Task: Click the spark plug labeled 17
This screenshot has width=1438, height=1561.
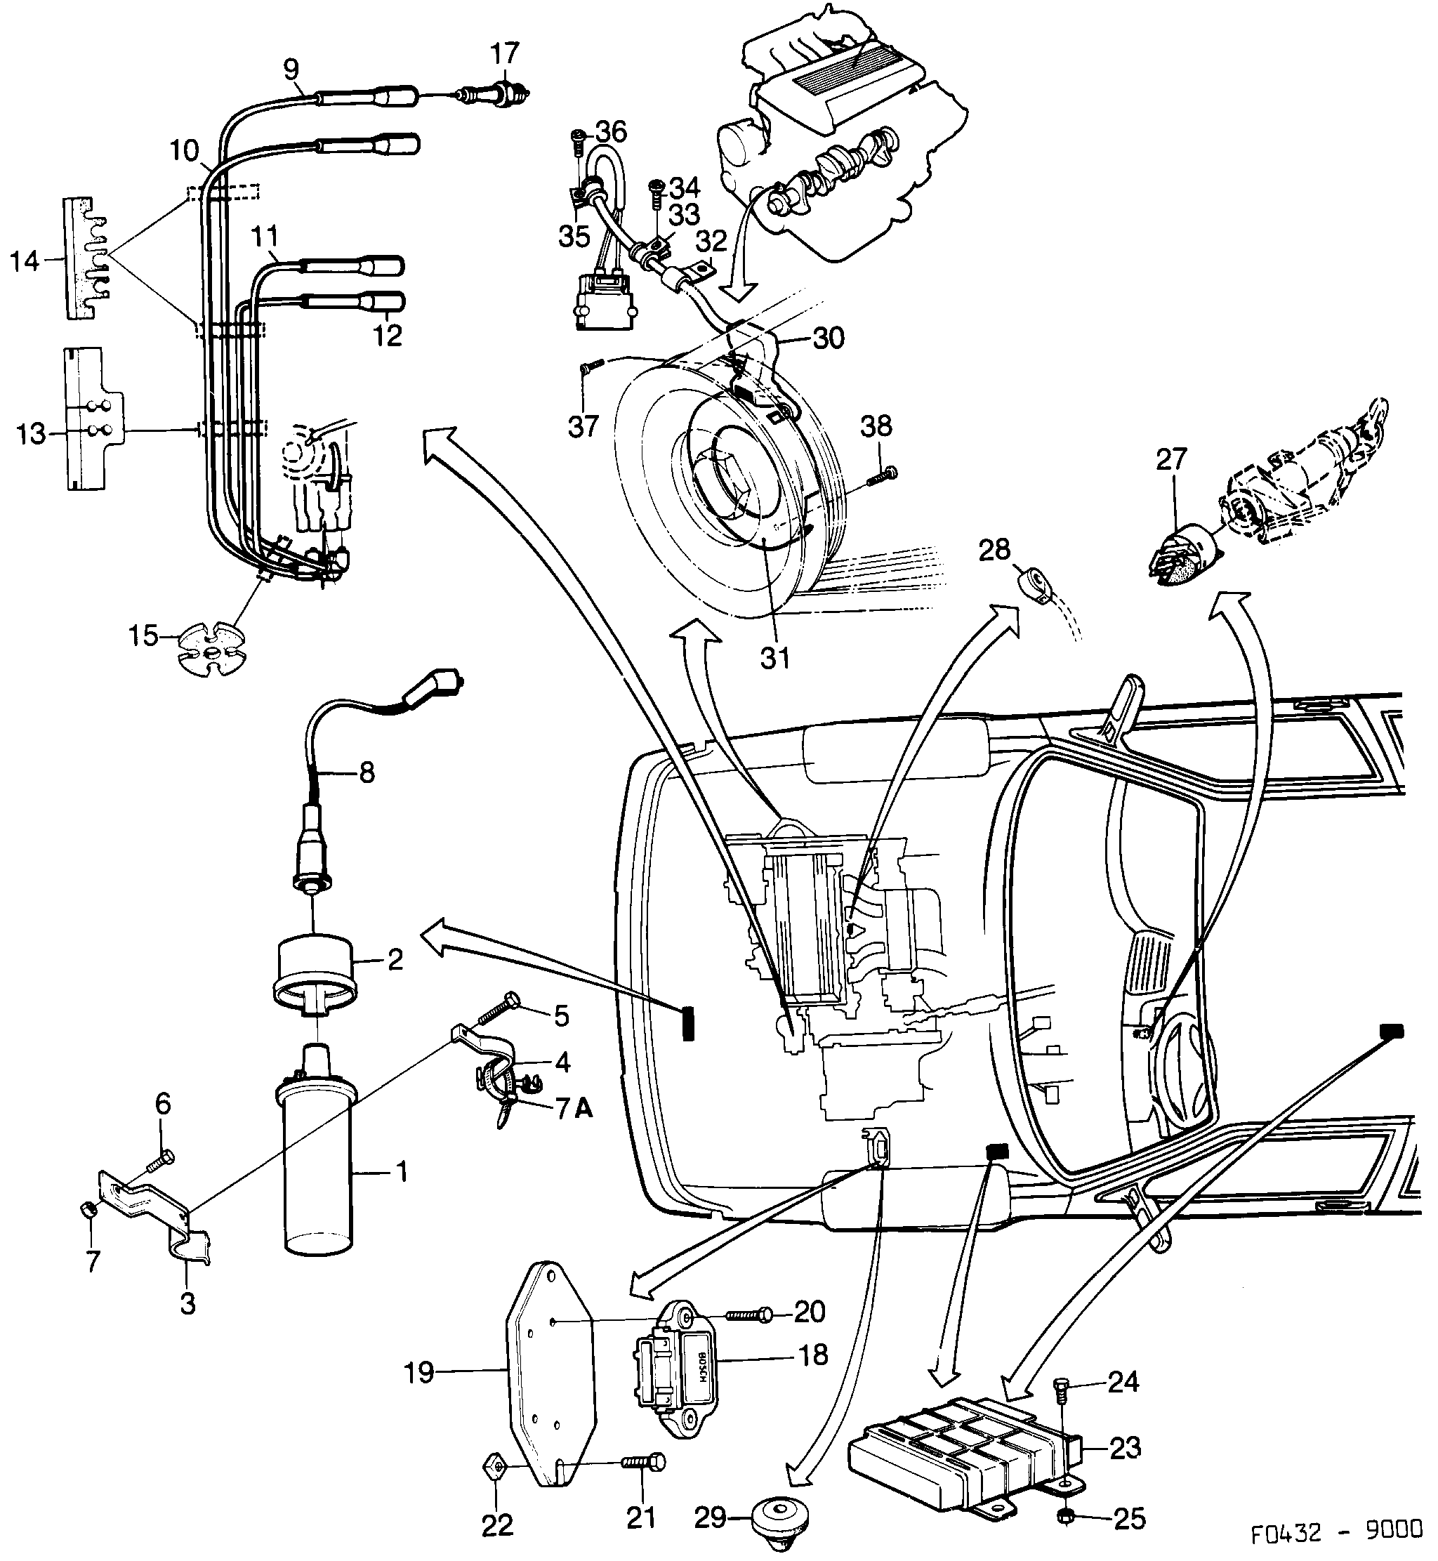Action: pos(498,95)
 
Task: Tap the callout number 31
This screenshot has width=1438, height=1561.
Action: pos(775,657)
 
